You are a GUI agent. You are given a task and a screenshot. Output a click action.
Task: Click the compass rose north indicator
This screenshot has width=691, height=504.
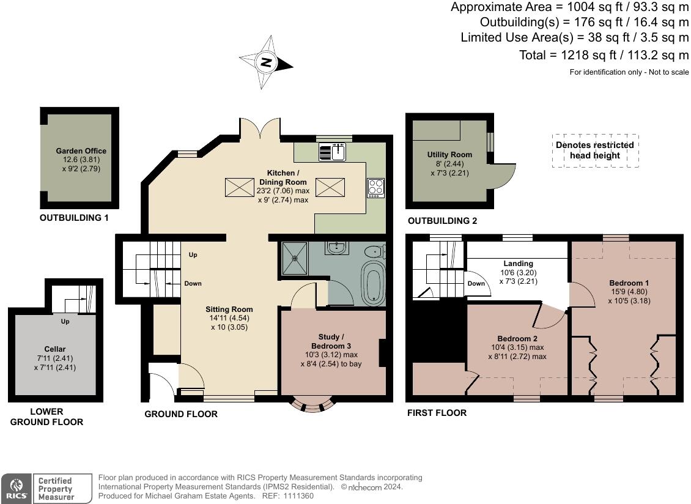tap(266, 62)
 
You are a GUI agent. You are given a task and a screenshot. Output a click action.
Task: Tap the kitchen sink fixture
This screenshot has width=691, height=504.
tap(332, 152)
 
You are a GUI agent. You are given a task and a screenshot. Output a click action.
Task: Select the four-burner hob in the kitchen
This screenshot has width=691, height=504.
tap(376, 188)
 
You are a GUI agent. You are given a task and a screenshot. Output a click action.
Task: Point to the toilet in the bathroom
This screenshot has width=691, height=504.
tap(375, 251)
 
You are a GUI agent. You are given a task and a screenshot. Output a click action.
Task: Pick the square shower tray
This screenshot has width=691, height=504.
tap(295, 258)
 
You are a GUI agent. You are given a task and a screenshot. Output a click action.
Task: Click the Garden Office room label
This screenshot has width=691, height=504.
tap(81, 151)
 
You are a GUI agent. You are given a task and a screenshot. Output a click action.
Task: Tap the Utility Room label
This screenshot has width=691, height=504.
tap(449, 155)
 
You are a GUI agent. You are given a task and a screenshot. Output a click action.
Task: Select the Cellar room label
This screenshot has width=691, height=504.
tap(55, 349)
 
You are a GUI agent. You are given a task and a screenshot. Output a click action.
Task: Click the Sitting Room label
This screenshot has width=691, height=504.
tap(229, 309)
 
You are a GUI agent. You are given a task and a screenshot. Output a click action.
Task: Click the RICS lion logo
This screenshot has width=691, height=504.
tap(17, 487)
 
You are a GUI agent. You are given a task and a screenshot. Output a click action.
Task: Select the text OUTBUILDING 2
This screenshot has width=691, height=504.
tap(443, 221)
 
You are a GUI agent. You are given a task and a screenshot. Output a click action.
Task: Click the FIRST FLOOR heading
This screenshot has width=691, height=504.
tap(437, 413)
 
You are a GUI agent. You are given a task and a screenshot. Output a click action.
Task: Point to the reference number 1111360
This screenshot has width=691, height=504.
tap(299, 495)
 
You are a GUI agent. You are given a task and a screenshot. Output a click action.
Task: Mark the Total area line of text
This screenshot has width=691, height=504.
tap(604, 55)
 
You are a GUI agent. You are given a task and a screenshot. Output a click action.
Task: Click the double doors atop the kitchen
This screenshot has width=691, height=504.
tap(260, 128)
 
